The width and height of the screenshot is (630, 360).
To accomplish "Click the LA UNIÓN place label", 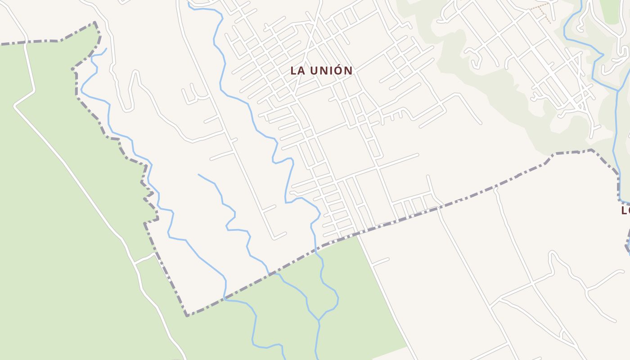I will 321,71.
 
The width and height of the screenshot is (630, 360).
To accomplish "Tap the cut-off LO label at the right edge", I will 625,210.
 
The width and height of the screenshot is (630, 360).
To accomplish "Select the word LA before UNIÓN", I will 297,71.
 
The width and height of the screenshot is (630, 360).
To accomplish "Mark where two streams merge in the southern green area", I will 319,320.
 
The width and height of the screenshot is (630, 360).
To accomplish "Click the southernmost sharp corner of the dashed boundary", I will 187,315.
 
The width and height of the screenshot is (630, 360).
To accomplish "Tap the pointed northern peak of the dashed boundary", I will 95,22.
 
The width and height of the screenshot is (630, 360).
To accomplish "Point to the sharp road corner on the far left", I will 15,107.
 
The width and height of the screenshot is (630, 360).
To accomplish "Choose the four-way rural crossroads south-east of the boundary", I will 533,283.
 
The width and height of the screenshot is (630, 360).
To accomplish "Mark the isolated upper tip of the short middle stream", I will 198,175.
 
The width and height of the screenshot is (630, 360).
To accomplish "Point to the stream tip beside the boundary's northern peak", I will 106,49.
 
